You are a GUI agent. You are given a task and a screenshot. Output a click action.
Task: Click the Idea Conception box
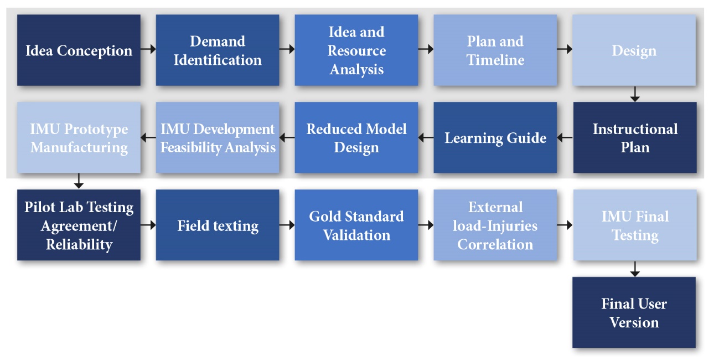pos(79,50)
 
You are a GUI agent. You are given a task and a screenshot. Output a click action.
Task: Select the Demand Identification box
pos(218,50)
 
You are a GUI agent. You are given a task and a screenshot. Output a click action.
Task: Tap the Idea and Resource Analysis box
pos(356,50)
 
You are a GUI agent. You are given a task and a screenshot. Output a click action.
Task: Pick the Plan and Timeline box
pos(495,50)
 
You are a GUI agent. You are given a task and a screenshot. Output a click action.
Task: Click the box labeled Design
pos(634,50)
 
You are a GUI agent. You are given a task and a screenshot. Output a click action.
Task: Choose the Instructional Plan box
pos(635,137)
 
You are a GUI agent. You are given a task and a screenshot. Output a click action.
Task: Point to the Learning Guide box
pos(495,137)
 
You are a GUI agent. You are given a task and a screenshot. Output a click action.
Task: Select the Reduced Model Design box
pos(356,137)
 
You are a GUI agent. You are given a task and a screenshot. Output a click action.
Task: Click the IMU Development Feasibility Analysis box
pos(218,137)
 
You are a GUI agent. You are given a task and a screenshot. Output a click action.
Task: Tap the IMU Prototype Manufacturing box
pos(79,137)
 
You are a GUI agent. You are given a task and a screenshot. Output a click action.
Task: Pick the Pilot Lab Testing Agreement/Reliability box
pos(79,225)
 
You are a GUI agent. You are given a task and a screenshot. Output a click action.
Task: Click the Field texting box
pos(218,225)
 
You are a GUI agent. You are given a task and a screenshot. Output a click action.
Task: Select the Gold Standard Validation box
pos(356,225)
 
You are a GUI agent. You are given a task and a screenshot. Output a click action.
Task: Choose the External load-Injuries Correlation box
pos(495,225)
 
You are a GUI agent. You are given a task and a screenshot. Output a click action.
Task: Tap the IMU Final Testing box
pos(635,225)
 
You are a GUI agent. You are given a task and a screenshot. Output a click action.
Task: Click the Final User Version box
pos(634,312)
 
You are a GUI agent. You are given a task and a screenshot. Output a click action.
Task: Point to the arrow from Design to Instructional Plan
pos(635,94)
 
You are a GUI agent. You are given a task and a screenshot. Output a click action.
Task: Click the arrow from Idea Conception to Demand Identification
pos(148,49)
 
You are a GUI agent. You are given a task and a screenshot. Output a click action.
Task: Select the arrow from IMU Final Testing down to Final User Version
pos(635,269)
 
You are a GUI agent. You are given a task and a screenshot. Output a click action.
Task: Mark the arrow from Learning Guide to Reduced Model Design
pos(426,137)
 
